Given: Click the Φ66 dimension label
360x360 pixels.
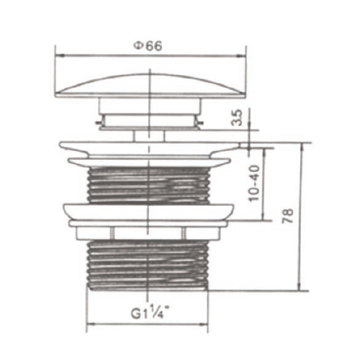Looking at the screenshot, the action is [148, 46].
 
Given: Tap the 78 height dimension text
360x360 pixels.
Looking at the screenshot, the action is [288, 216].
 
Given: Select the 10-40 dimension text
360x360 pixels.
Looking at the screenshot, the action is [254, 184].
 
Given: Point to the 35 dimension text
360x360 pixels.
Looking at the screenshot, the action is [237, 117].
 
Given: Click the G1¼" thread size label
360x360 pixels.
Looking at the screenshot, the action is [149, 311].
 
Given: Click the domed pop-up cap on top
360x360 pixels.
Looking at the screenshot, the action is [150, 86].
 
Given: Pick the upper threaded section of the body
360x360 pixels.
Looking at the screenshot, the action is [148, 185].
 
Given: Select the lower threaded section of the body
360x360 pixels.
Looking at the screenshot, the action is [148, 264].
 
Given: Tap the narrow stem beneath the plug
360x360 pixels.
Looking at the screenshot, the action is [149, 136].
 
